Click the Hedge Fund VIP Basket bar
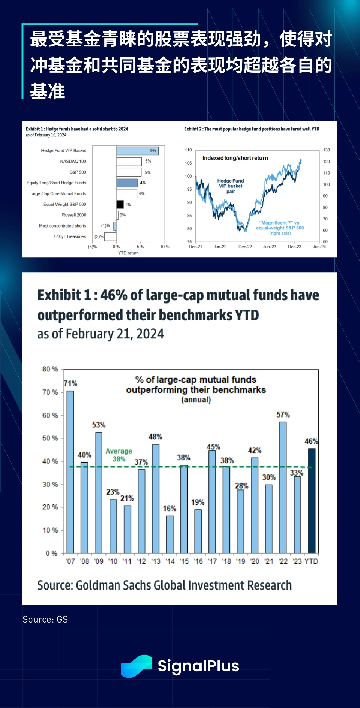point(137,151)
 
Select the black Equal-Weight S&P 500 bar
point(120,204)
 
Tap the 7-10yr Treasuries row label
point(69,236)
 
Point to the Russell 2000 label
point(74,215)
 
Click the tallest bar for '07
point(70,472)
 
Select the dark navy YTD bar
point(312,501)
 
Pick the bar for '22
point(283,487)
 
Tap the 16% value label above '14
point(169,509)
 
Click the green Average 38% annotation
point(119,455)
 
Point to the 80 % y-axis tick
point(50,369)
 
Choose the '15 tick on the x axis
point(184,561)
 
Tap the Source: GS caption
point(45,620)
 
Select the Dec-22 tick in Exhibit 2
point(245,247)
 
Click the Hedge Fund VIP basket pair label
point(231,186)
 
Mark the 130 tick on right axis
point(326,150)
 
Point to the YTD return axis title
point(128,253)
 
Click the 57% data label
point(283,415)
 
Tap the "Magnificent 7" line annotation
point(280,228)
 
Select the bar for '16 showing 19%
point(198,531)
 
